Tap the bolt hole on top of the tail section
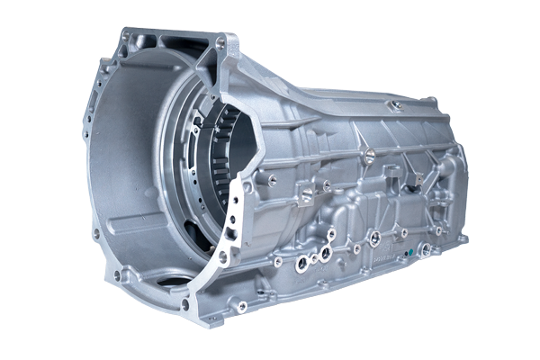[x=393, y=105]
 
